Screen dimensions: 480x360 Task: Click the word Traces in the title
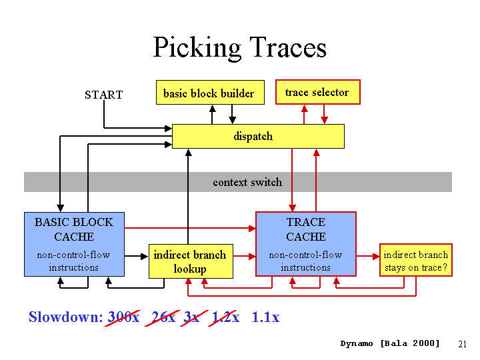pyautogui.click(x=288, y=47)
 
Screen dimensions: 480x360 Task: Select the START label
pyautogui.click(x=104, y=95)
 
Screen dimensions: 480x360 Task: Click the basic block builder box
pyautogui.click(x=210, y=93)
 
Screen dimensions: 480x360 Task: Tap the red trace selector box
pyautogui.click(x=318, y=92)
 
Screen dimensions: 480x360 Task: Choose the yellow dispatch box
pyautogui.click(x=258, y=136)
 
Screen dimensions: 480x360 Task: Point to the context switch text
pyautogui.click(x=247, y=182)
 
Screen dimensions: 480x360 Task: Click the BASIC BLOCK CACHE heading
pyautogui.click(x=74, y=229)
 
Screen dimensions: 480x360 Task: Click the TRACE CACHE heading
pyautogui.click(x=306, y=229)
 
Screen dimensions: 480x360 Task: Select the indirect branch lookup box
pyautogui.click(x=191, y=261)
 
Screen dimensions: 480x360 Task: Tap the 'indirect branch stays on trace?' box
pyautogui.click(x=416, y=260)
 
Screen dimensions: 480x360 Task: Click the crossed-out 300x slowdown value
pyautogui.click(x=124, y=317)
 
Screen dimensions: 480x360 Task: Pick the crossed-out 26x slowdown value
pyautogui.click(x=163, y=317)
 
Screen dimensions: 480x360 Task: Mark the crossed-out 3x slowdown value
pyautogui.click(x=193, y=317)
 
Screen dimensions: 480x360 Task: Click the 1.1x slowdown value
pyautogui.click(x=265, y=317)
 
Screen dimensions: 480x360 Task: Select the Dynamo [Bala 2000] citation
pyautogui.click(x=390, y=343)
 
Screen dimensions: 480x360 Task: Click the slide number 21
pyautogui.click(x=462, y=344)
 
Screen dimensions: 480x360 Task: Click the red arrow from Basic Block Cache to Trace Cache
pyautogui.click(x=190, y=228)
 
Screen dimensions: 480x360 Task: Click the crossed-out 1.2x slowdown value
pyautogui.click(x=226, y=317)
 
